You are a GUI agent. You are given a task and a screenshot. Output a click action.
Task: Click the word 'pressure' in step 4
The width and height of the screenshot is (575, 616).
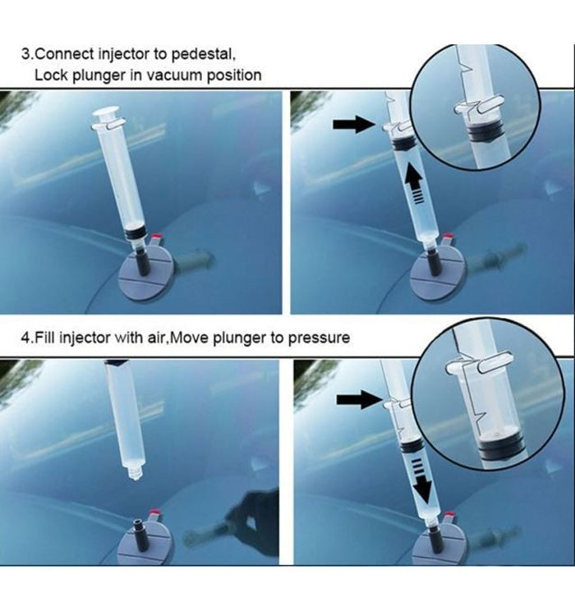coord(319,338)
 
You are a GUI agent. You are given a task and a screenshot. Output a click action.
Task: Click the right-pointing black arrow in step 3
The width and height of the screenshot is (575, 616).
coord(354,124)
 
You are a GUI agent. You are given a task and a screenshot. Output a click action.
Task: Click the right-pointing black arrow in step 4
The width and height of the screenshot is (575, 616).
coord(359,399)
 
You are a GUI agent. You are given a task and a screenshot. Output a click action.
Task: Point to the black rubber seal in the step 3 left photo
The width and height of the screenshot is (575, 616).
coord(136,235)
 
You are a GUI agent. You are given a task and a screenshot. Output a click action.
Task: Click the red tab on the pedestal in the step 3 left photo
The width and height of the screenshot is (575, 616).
coord(156,237)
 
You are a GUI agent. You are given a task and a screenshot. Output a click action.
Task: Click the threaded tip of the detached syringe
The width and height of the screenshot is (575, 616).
coord(135,471)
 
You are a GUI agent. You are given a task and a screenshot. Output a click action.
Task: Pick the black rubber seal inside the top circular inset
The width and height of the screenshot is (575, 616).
coord(485,131)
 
